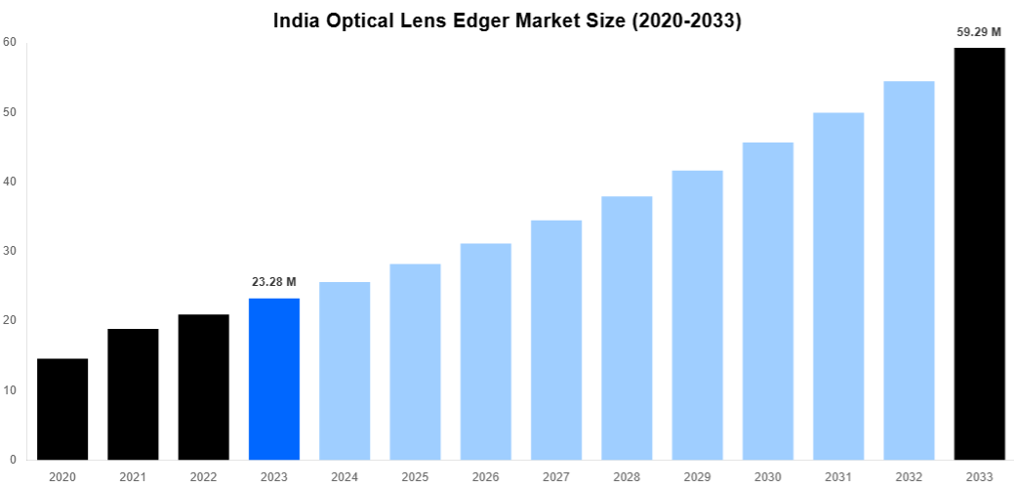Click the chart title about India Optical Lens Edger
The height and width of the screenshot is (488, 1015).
tap(507, 20)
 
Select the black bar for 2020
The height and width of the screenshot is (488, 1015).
tap(62, 409)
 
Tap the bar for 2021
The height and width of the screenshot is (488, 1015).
tap(133, 394)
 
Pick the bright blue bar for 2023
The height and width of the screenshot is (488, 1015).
tap(274, 379)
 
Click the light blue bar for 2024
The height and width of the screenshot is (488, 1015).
tap(345, 371)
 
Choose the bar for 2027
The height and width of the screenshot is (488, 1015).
tap(556, 340)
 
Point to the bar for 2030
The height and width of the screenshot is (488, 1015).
tap(768, 301)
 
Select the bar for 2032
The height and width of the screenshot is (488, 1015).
tap(909, 270)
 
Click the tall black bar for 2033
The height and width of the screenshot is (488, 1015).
tap(979, 254)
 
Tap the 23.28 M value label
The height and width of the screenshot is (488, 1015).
tap(274, 282)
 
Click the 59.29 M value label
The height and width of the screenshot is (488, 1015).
tap(979, 32)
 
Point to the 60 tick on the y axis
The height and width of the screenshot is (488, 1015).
tap(9, 42)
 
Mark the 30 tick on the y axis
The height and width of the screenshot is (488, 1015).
tap(9, 251)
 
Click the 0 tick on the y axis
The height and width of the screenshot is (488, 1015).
tap(12, 460)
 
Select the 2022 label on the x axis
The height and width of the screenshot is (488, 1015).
tap(203, 476)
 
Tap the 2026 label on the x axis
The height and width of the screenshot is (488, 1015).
tap(486, 476)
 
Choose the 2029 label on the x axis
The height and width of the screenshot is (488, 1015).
tap(698, 476)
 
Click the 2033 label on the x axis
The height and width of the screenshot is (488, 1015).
tap(979, 476)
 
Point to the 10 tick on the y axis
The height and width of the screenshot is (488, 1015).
tap(9, 390)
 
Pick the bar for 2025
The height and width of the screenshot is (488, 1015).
tap(415, 361)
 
